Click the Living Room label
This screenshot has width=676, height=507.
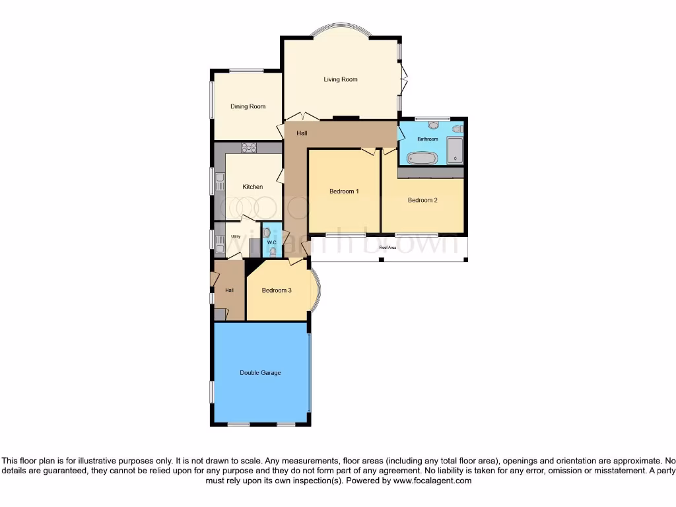[x=341, y=80]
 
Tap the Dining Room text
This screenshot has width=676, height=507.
[x=248, y=106]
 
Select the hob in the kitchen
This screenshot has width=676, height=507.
[x=249, y=148]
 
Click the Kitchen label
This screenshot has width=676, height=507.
[x=252, y=187]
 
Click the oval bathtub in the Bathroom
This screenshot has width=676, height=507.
[x=421, y=158]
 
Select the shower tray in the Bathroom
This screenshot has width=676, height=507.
[x=455, y=151]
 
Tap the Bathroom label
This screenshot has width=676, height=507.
[x=427, y=139]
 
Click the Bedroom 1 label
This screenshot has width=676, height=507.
[x=344, y=192]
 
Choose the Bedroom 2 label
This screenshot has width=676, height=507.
[x=422, y=200]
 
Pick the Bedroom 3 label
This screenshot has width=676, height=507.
[x=277, y=290]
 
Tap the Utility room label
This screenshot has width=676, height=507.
[x=235, y=236]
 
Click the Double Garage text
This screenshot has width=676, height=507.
[x=260, y=373]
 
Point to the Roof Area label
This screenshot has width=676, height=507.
[x=388, y=248]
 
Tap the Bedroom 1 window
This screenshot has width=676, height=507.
[x=345, y=234]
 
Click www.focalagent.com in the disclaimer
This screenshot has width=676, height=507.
[x=432, y=481]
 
